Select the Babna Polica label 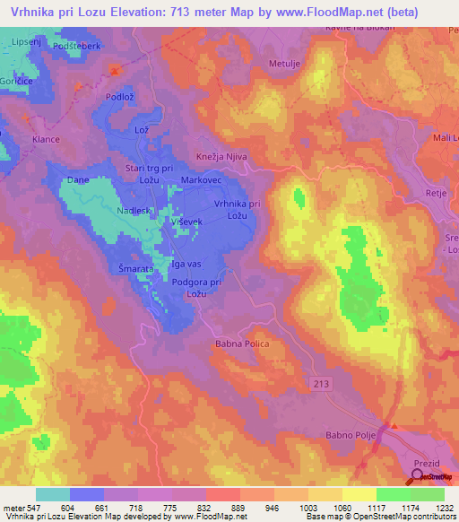(242, 344)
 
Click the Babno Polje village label (348, 436)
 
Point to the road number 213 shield (320, 382)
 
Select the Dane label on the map (77, 180)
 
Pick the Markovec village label (201, 180)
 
